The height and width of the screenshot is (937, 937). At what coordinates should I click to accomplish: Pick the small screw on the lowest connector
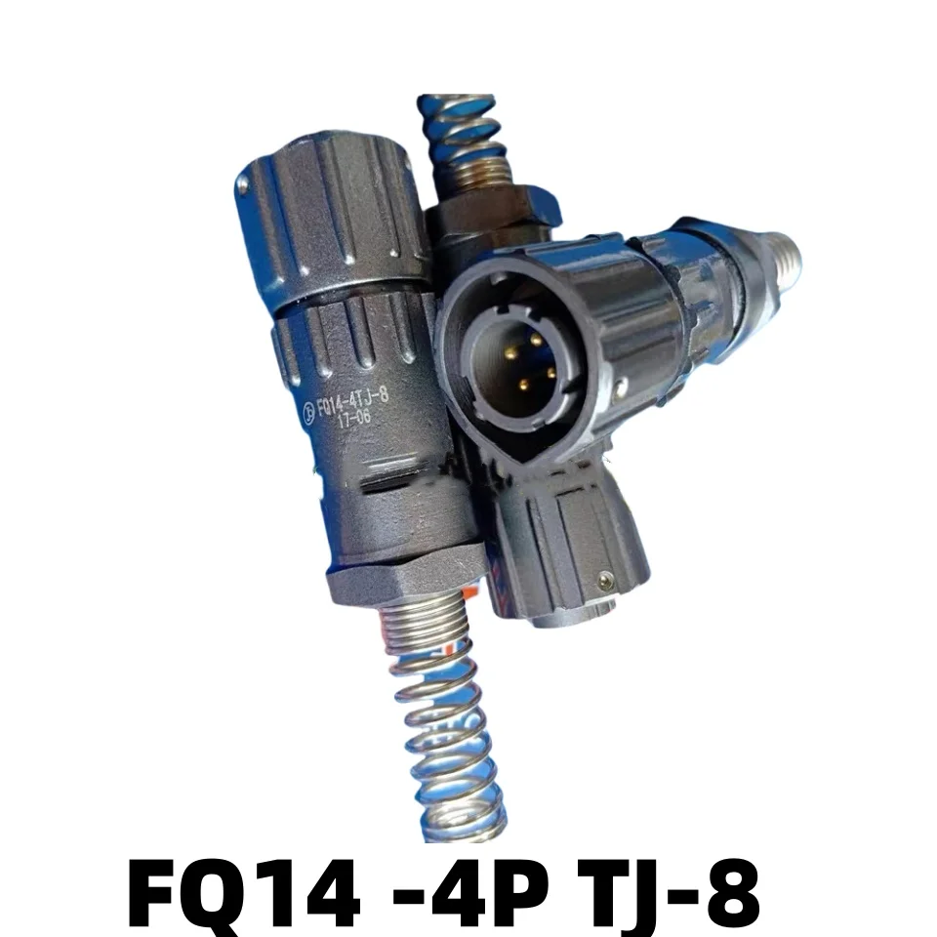pos(607,580)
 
